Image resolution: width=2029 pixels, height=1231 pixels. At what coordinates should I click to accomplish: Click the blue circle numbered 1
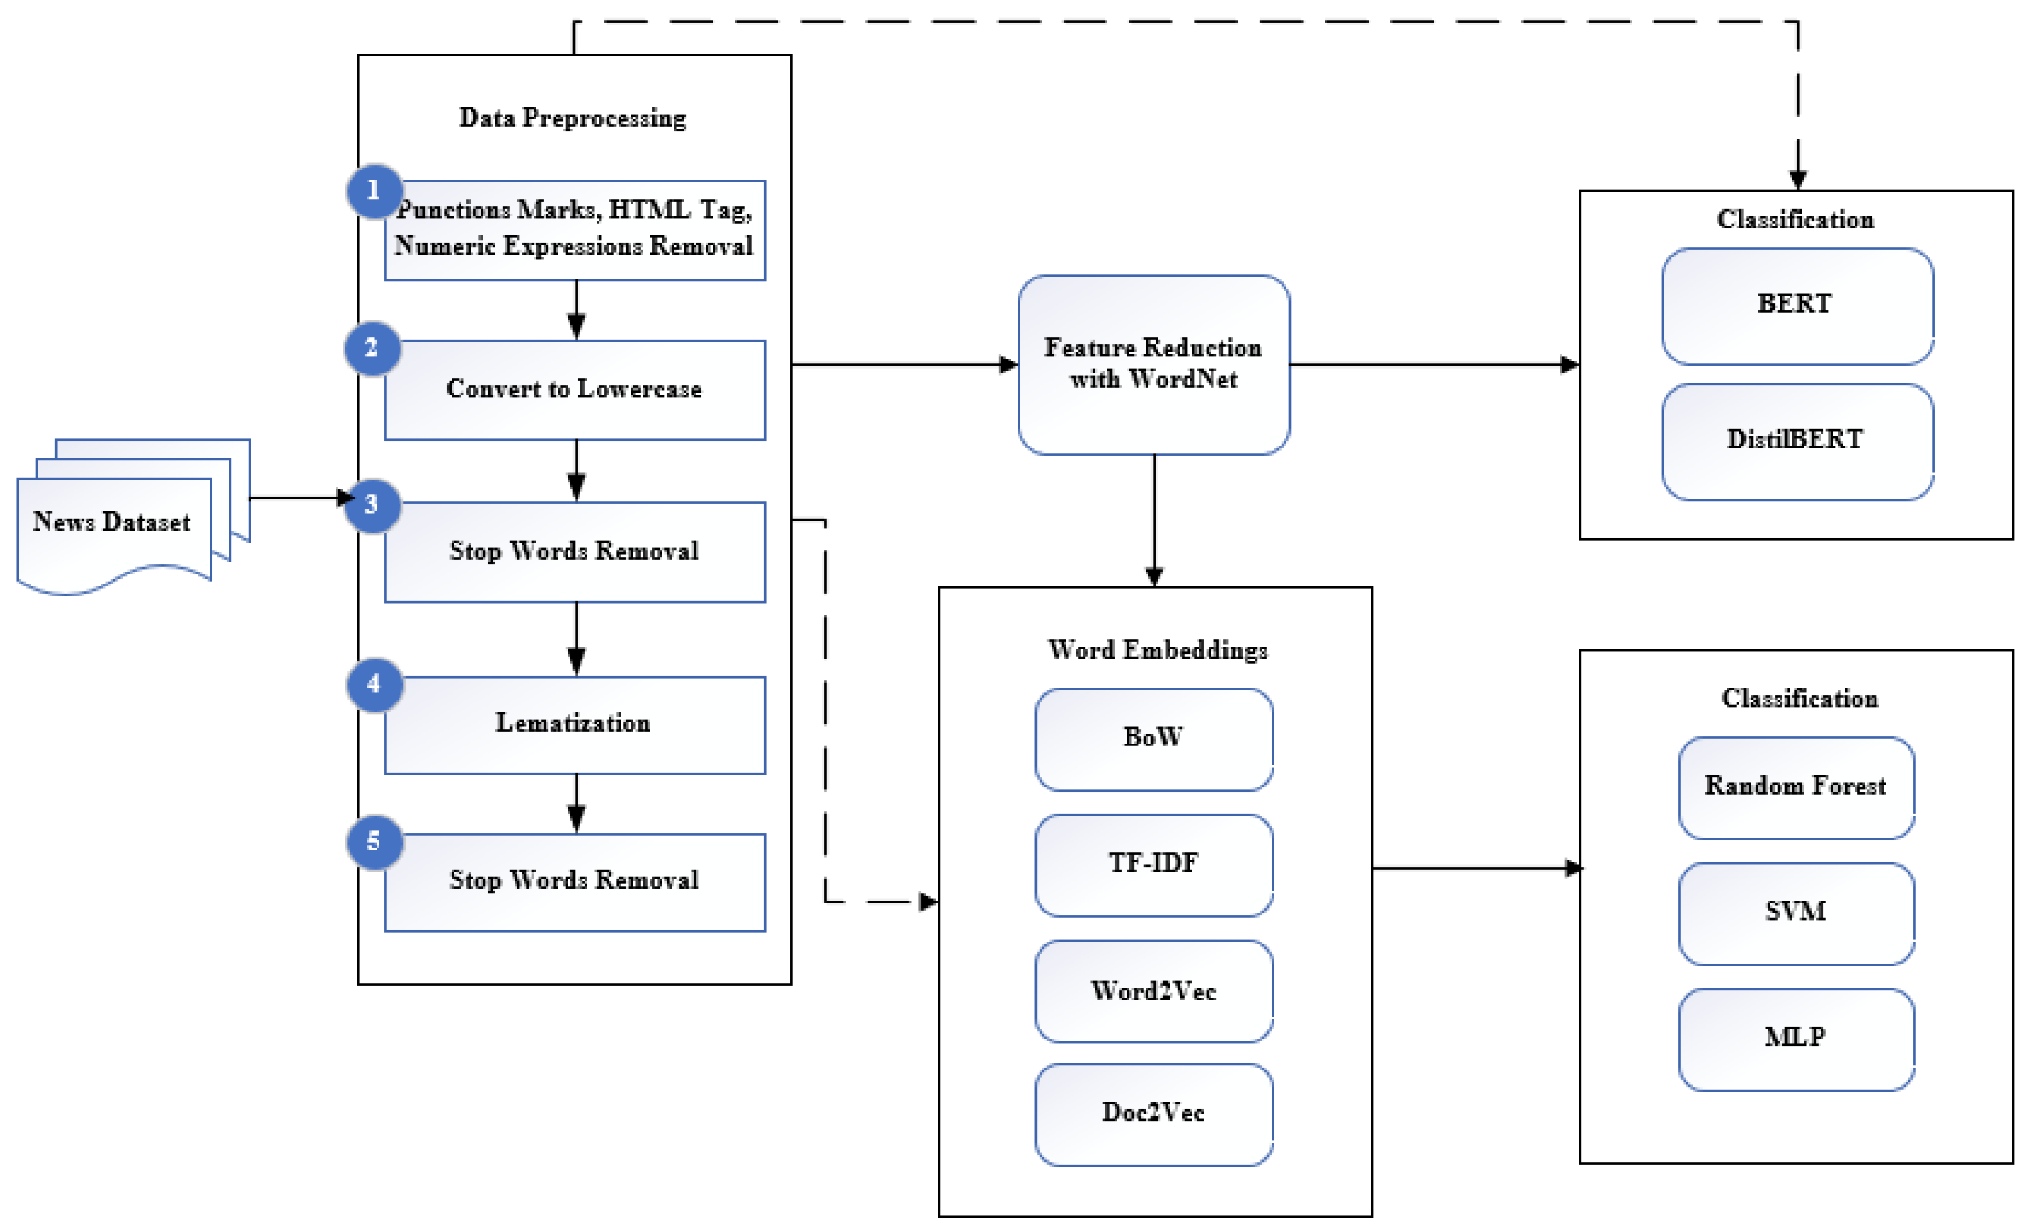point(375,191)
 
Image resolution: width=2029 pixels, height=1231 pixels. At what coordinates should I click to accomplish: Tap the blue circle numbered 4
point(375,684)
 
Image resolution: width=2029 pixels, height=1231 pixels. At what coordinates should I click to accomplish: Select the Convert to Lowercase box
point(575,389)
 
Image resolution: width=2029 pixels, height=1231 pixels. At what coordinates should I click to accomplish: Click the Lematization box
point(575,724)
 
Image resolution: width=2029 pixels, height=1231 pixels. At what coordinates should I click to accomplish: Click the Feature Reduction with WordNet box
point(1154,364)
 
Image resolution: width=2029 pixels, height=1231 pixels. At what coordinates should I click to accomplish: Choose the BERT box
point(1797,306)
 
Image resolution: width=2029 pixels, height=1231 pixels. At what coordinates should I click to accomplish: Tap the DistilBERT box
point(1797,441)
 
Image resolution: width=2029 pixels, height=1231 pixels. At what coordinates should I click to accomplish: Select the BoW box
point(1154,739)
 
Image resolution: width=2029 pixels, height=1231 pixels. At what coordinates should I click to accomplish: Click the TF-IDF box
point(1154,865)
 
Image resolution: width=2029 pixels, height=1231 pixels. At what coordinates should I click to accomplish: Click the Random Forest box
point(1796,787)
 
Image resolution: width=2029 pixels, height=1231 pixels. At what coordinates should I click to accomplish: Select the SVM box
point(1796,913)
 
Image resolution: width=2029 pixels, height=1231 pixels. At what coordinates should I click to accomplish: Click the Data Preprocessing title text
point(573,119)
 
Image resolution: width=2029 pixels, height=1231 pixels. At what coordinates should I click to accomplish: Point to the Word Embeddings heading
point(1157,651)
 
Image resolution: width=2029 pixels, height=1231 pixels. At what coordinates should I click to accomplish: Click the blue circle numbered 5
point(375,842)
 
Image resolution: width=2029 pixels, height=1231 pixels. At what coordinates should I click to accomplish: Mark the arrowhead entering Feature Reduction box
point(1008,364)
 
